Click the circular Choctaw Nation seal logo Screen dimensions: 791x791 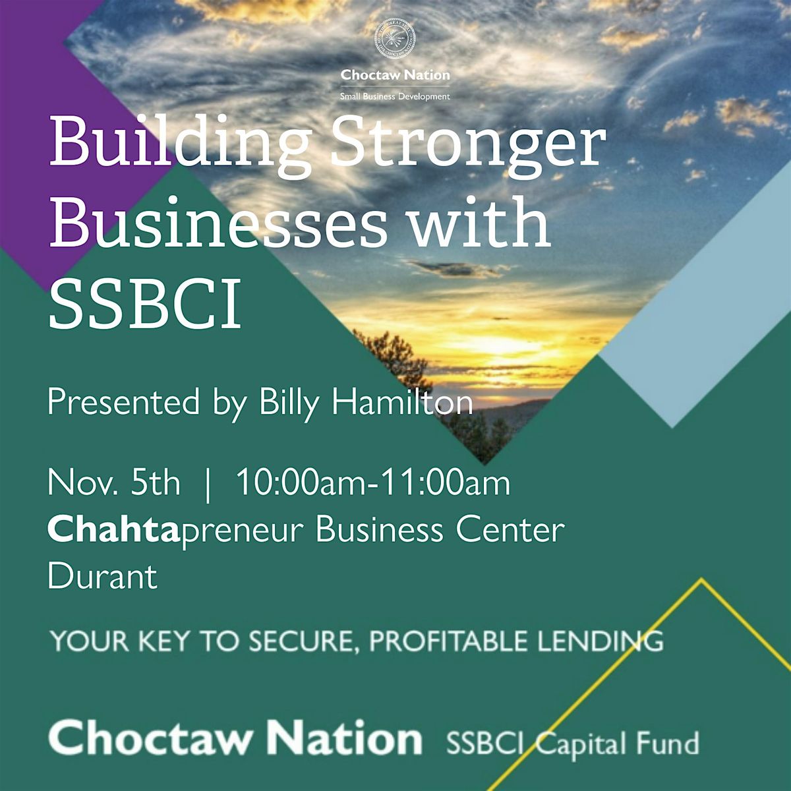[x=395, y=39]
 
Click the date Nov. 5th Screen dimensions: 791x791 [x=113, y=483]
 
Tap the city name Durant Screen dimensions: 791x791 [x=103, y=577]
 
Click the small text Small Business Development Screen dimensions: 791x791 [x=395, y=96]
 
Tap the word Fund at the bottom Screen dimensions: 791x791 [x=668, y=744]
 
